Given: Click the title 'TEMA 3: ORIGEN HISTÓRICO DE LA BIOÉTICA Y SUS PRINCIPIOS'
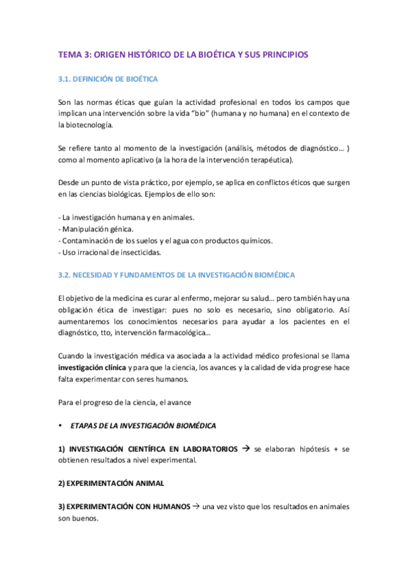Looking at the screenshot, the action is (183, 54).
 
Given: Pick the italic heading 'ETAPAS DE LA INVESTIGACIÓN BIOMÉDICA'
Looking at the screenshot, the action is (143, 426).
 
